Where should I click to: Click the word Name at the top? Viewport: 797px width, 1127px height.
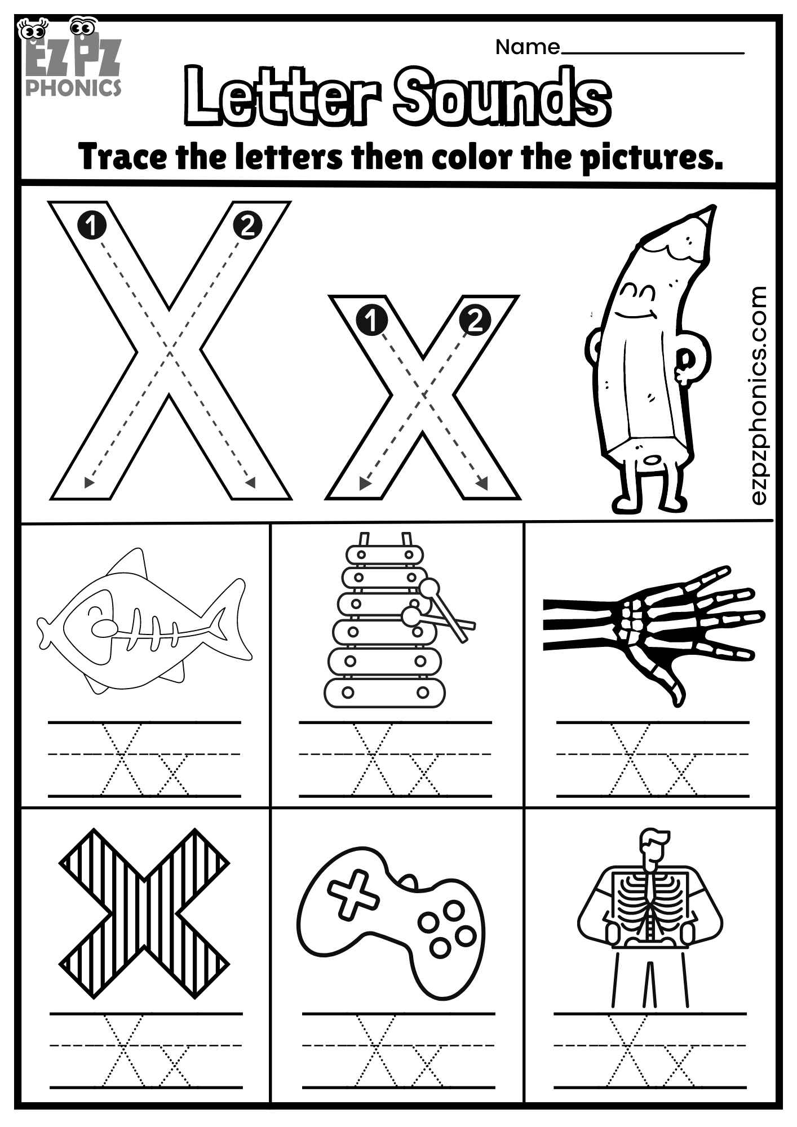(527, 47)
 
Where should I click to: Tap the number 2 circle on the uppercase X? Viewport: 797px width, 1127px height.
(247, 226)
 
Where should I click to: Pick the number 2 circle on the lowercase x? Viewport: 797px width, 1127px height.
(475, 321)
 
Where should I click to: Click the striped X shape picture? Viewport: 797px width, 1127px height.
(144, 913)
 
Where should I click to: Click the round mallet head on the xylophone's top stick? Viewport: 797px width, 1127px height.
(429, 588)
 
